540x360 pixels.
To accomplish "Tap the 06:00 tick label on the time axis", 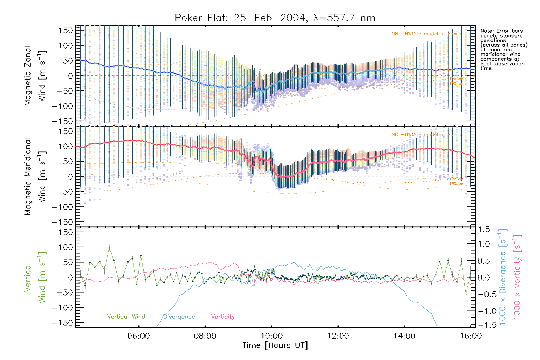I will point(139,336).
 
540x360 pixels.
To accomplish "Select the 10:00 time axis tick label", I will point(271,336).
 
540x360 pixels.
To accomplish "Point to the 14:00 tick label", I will point(404,336).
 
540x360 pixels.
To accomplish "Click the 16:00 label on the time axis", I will point(471,336).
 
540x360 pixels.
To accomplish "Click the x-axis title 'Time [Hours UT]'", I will point(275,345).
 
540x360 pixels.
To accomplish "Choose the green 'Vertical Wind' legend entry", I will point(126,316).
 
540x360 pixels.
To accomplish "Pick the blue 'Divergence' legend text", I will point(179,316).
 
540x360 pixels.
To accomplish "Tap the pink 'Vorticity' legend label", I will point(223,316).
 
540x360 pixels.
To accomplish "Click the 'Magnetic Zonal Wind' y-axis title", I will point(35,76).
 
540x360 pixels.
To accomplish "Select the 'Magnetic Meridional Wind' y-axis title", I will point(35,176).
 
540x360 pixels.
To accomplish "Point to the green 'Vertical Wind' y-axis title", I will point(35,277).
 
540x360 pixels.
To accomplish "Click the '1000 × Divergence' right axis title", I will point(503,277).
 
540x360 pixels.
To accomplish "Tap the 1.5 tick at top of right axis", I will point(484,229).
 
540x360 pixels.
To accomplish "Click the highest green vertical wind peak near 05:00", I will point(109,248).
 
